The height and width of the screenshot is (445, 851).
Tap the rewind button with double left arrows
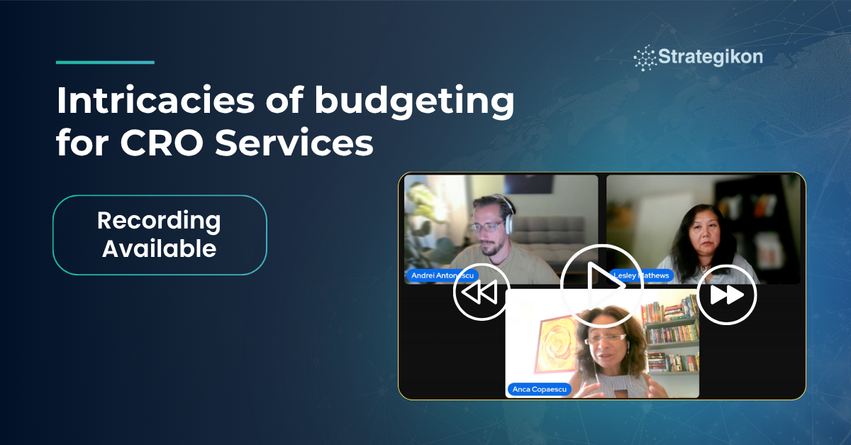tap(481, 292)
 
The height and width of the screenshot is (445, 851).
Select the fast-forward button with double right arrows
tap(727, 294)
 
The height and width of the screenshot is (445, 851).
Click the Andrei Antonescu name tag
tap(442, 275)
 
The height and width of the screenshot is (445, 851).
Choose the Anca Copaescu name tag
tap(539, 389)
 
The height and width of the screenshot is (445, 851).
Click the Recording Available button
tap(160, 235)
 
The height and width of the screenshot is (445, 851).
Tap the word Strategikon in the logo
tap(710, 57)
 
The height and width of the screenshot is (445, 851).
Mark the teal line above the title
tap(105, 62)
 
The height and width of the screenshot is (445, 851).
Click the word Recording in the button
tap(159, 221)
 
